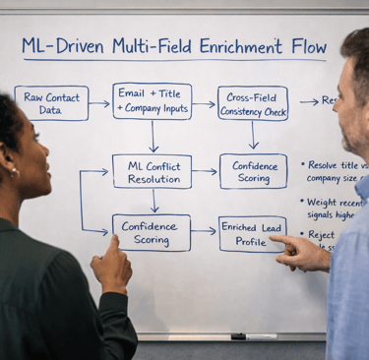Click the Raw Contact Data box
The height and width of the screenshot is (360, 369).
[x=51, y=102]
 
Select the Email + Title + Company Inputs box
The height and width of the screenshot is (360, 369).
[x=152, y=100]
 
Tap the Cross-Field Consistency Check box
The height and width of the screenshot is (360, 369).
[x=253, y=102]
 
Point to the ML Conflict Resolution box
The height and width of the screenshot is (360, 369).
[x=152, y=171]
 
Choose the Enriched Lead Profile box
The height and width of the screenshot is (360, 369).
[x=252, y=233]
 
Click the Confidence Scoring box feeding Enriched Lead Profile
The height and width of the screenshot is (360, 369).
[x=152, y=233]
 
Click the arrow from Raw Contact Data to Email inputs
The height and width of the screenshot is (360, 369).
[x=100, y=102]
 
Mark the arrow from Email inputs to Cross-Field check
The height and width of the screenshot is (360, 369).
[x=204, y=103]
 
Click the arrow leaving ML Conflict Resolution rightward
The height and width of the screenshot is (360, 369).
[x=205, y=171]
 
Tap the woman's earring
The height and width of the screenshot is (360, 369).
[x=15, y=173]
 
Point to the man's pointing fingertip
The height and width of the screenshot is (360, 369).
[x=272, y=238]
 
